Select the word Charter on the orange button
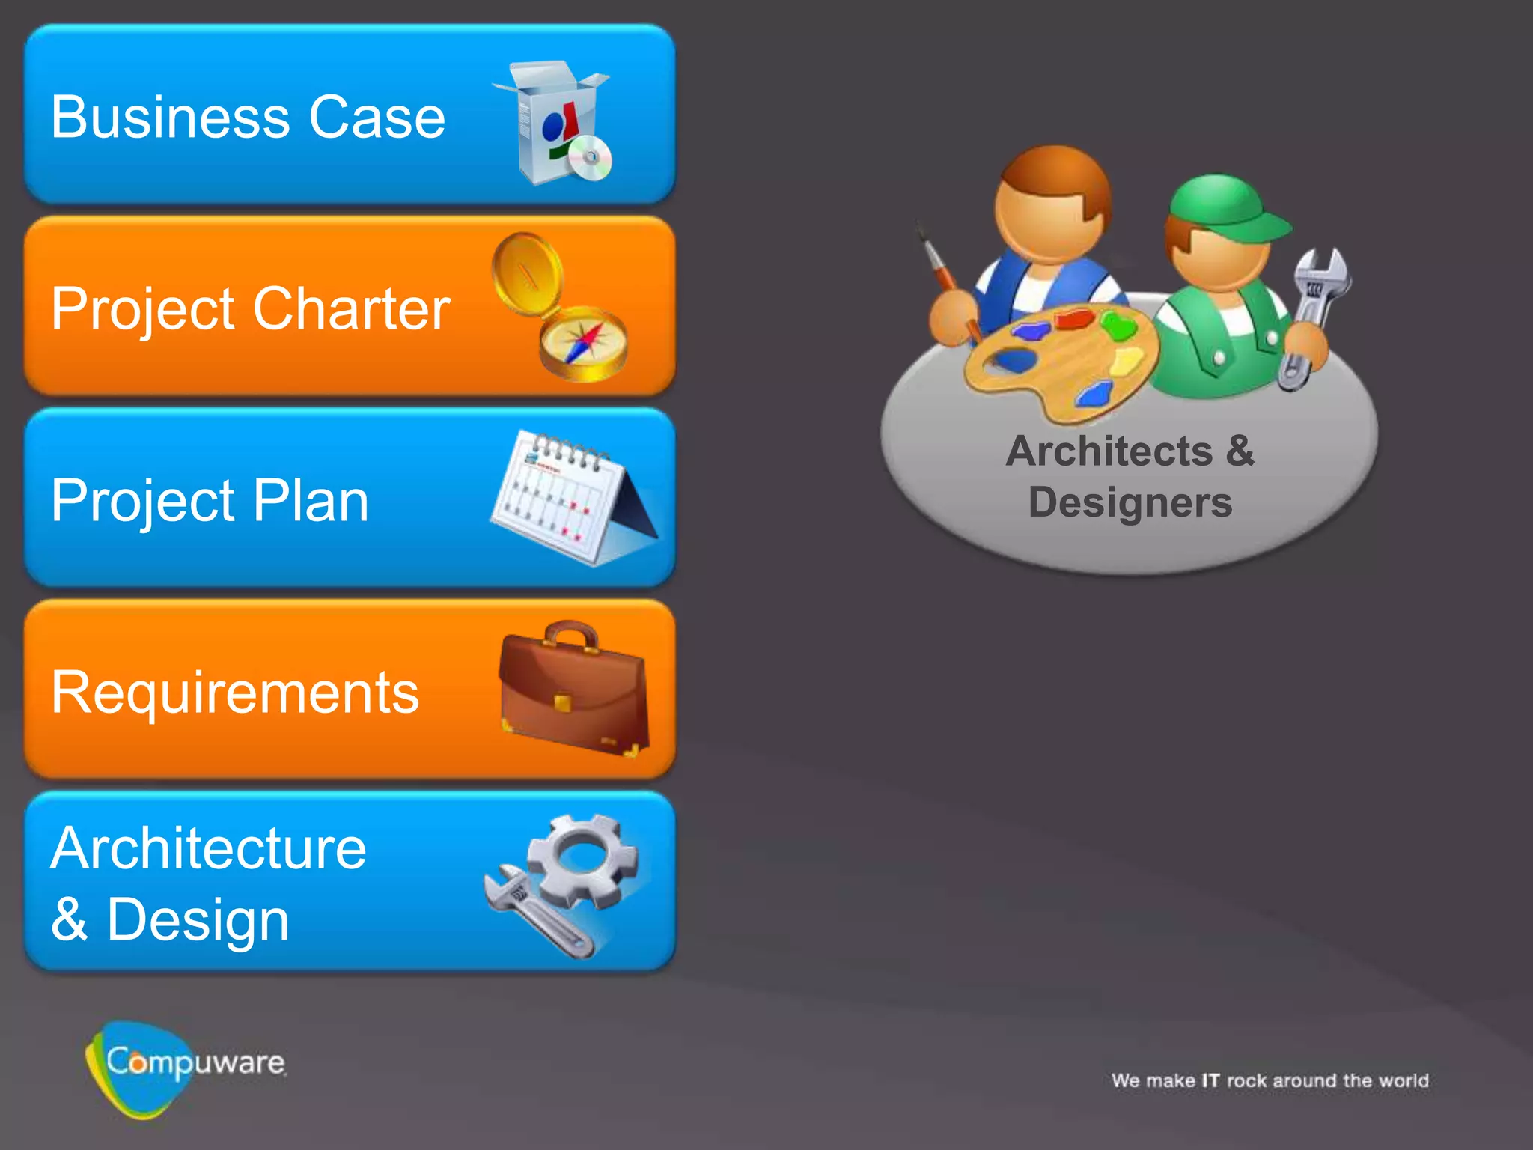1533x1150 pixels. [351, 309]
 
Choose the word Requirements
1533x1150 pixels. [235, 693]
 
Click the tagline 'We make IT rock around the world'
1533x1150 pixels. [1270, 1080]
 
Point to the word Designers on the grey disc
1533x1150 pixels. [1130, 502]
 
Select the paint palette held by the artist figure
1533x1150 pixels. [1063, 359]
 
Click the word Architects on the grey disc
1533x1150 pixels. [1109, 451]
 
